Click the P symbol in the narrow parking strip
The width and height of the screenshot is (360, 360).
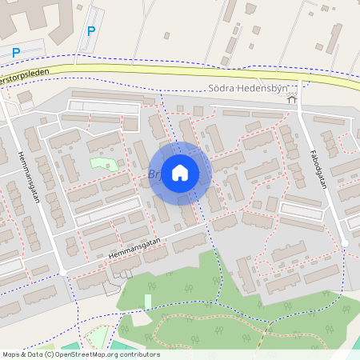[x=91, y=31]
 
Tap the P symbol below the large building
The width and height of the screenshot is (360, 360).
[x=16, y=52]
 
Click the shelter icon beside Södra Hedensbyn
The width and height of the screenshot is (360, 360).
[x=292, y=98]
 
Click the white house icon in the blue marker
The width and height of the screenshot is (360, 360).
[x=180, y=172]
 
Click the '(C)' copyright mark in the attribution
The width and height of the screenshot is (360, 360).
[x=49, y=354]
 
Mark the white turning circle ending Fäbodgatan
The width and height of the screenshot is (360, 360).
[x=344, y=242]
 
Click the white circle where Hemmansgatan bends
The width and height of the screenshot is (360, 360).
[x=62, y=273]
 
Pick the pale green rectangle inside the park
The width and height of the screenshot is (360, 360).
[x=148, y=302]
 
